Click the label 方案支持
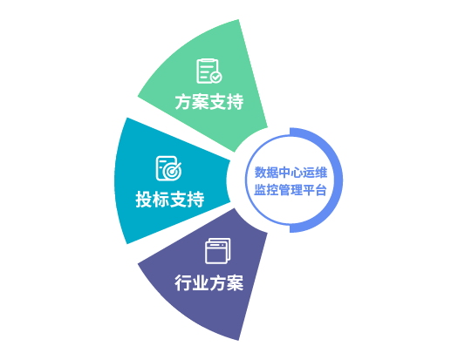point(209,102)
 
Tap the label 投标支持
point(170,200)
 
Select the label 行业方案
point(209,283)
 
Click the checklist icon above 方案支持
point(209,71)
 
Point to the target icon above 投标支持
point(169,168)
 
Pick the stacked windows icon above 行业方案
point(218,251)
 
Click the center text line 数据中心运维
point(291,173)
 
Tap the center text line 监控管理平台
point(290,190)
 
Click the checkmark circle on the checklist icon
point(216,78)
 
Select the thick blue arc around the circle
point(340,180)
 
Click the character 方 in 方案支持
point(183,102)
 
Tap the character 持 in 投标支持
point(195,200)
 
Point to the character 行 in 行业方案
point(183,283)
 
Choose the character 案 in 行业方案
point(236,283)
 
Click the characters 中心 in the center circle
point(291,173)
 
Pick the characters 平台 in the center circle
point(315,190)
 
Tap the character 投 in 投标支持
point(144,200)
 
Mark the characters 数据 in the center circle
point(266,173)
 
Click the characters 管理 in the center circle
point(291,190)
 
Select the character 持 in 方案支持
point(236,102)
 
